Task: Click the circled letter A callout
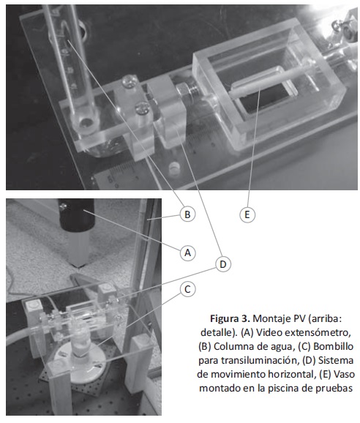tap(187, 252)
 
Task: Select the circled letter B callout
tap(187, 214)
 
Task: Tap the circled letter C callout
tap(187, 289)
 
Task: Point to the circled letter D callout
tap(223, 264)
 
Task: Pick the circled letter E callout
tap(247, 214)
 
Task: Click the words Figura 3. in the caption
tap(230, 319)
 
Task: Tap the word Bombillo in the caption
tap(334, 346)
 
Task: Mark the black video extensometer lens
tap(76, 215)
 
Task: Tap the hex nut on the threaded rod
tap(183, 91)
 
